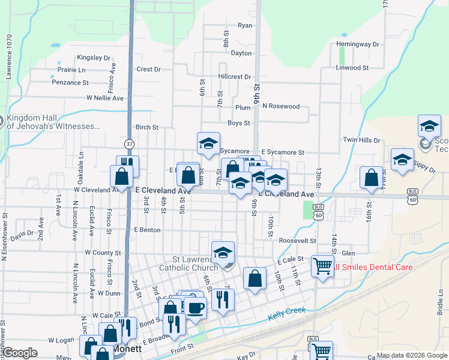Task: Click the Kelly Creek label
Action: click(x=287, y=312)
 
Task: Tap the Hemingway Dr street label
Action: click(x=358, y=44)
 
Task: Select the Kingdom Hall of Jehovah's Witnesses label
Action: click(x=53, y=122)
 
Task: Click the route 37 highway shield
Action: click(x=129, y=144)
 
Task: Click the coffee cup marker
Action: click(x=194, y=308)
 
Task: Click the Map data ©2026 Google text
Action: click(x=411, y=355)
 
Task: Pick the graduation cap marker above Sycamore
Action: click(x=208, y=143)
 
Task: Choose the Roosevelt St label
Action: click(x=297, y=240)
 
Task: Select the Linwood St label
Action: click(x=352, y=68)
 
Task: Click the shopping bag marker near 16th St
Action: click(x=371, y=177)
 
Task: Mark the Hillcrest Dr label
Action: click(x=235, y=77)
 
